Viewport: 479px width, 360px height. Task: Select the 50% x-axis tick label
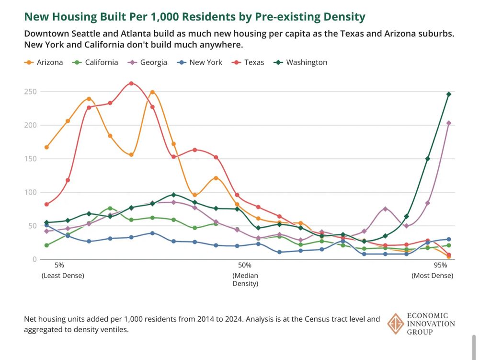(x=245, y=265)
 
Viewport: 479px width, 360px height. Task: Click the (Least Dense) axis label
(x=63, y=276)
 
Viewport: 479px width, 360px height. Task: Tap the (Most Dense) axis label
(x=432, y=276)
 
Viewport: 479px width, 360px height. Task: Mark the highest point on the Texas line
(x=131, y=83)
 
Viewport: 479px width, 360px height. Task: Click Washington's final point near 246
(x=449, y=94)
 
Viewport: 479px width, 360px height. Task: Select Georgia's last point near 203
(x=449, y=123)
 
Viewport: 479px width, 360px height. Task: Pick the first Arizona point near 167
(x=46, y=147)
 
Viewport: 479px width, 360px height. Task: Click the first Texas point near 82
(x=46, y=204)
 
